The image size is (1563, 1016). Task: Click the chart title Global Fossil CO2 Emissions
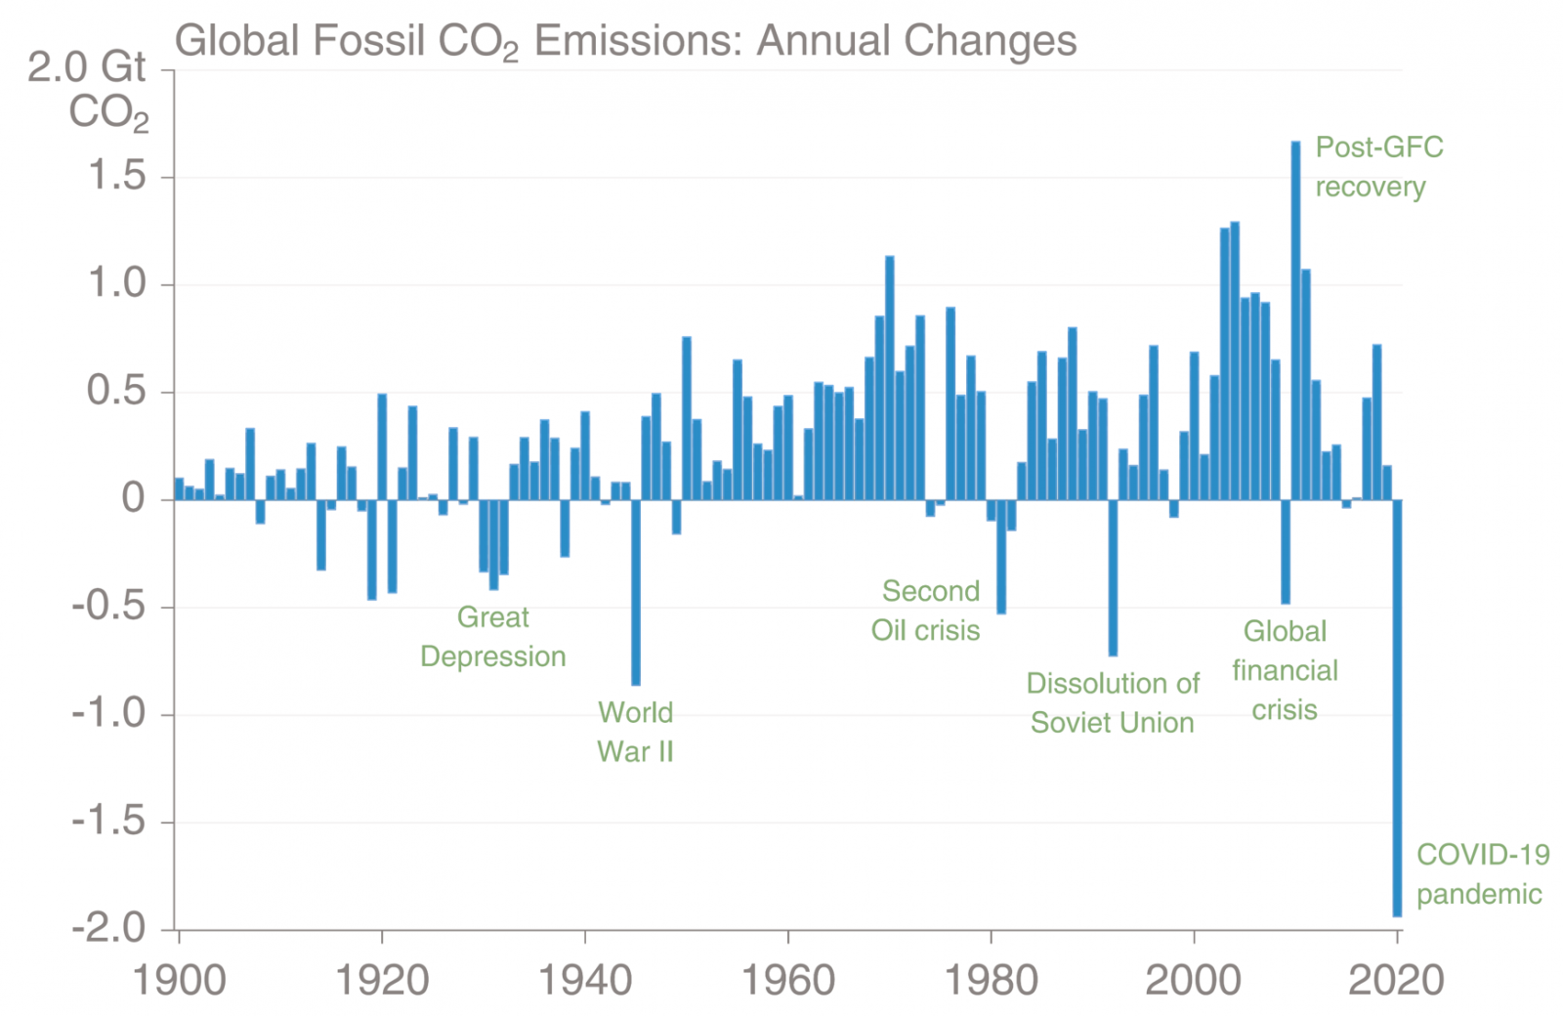point(625,41)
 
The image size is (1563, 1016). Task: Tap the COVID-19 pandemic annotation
point(1481,874)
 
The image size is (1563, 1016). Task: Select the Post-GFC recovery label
point(1377,167)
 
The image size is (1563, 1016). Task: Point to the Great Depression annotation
point(493,637)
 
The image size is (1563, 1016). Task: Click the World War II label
point(635,732)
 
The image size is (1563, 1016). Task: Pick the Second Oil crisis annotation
point(926,611)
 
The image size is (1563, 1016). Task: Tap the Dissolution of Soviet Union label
point(1113,703)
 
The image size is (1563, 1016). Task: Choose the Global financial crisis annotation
point(1285,670)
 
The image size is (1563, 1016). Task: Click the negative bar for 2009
point(1286,552)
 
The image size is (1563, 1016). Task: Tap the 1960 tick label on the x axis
point(788,980)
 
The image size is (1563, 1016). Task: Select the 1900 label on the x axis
point(180,980)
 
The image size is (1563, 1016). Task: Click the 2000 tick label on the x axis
point(1194,980)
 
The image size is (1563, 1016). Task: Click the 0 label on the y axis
point(133,499)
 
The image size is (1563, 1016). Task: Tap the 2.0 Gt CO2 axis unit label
point(93,90)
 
